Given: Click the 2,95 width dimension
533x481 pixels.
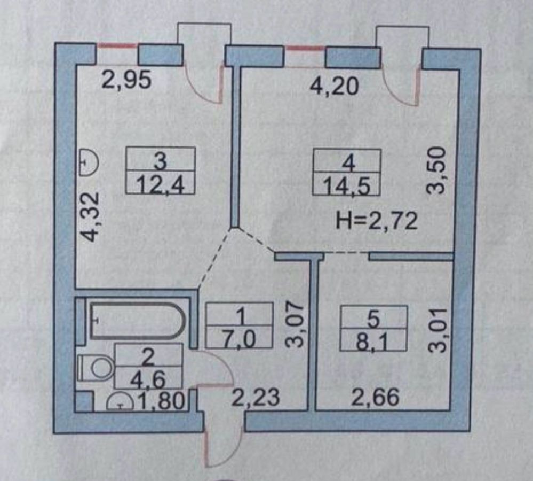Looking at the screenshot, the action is (x=127, y=81).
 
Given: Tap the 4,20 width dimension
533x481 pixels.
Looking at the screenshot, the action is (x=334, y=86).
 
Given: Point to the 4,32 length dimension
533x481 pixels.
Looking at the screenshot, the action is (x=91, y=217).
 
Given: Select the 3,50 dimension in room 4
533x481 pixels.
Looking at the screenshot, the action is (x=435, y=170).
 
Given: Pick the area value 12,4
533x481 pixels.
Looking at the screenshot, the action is (x=160, y=185).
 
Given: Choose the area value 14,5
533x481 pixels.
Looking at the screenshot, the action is (x=346, y=187).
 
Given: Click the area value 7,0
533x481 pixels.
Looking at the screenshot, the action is (x=239, y=339).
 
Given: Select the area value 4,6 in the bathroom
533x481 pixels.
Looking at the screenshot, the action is (x=148, y=379).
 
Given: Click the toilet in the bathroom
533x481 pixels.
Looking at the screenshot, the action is (x=96, y=368).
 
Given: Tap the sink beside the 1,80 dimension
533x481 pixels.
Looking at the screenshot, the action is (x=120, y=402).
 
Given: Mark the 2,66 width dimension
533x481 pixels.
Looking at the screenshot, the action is (x=375, y=397).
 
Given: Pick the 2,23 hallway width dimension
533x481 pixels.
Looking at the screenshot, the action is (x=255, y=397).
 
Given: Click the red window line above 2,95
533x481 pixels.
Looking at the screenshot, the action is (x=117, y=45).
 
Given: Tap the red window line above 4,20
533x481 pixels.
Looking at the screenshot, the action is (x=305, y=49).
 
